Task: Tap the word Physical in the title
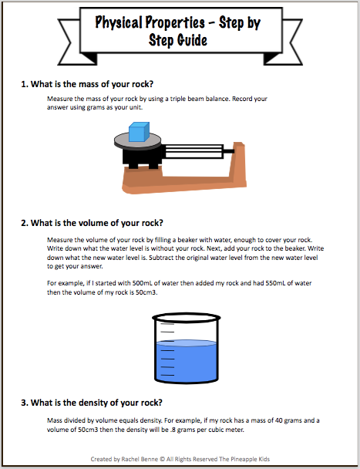120,23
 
